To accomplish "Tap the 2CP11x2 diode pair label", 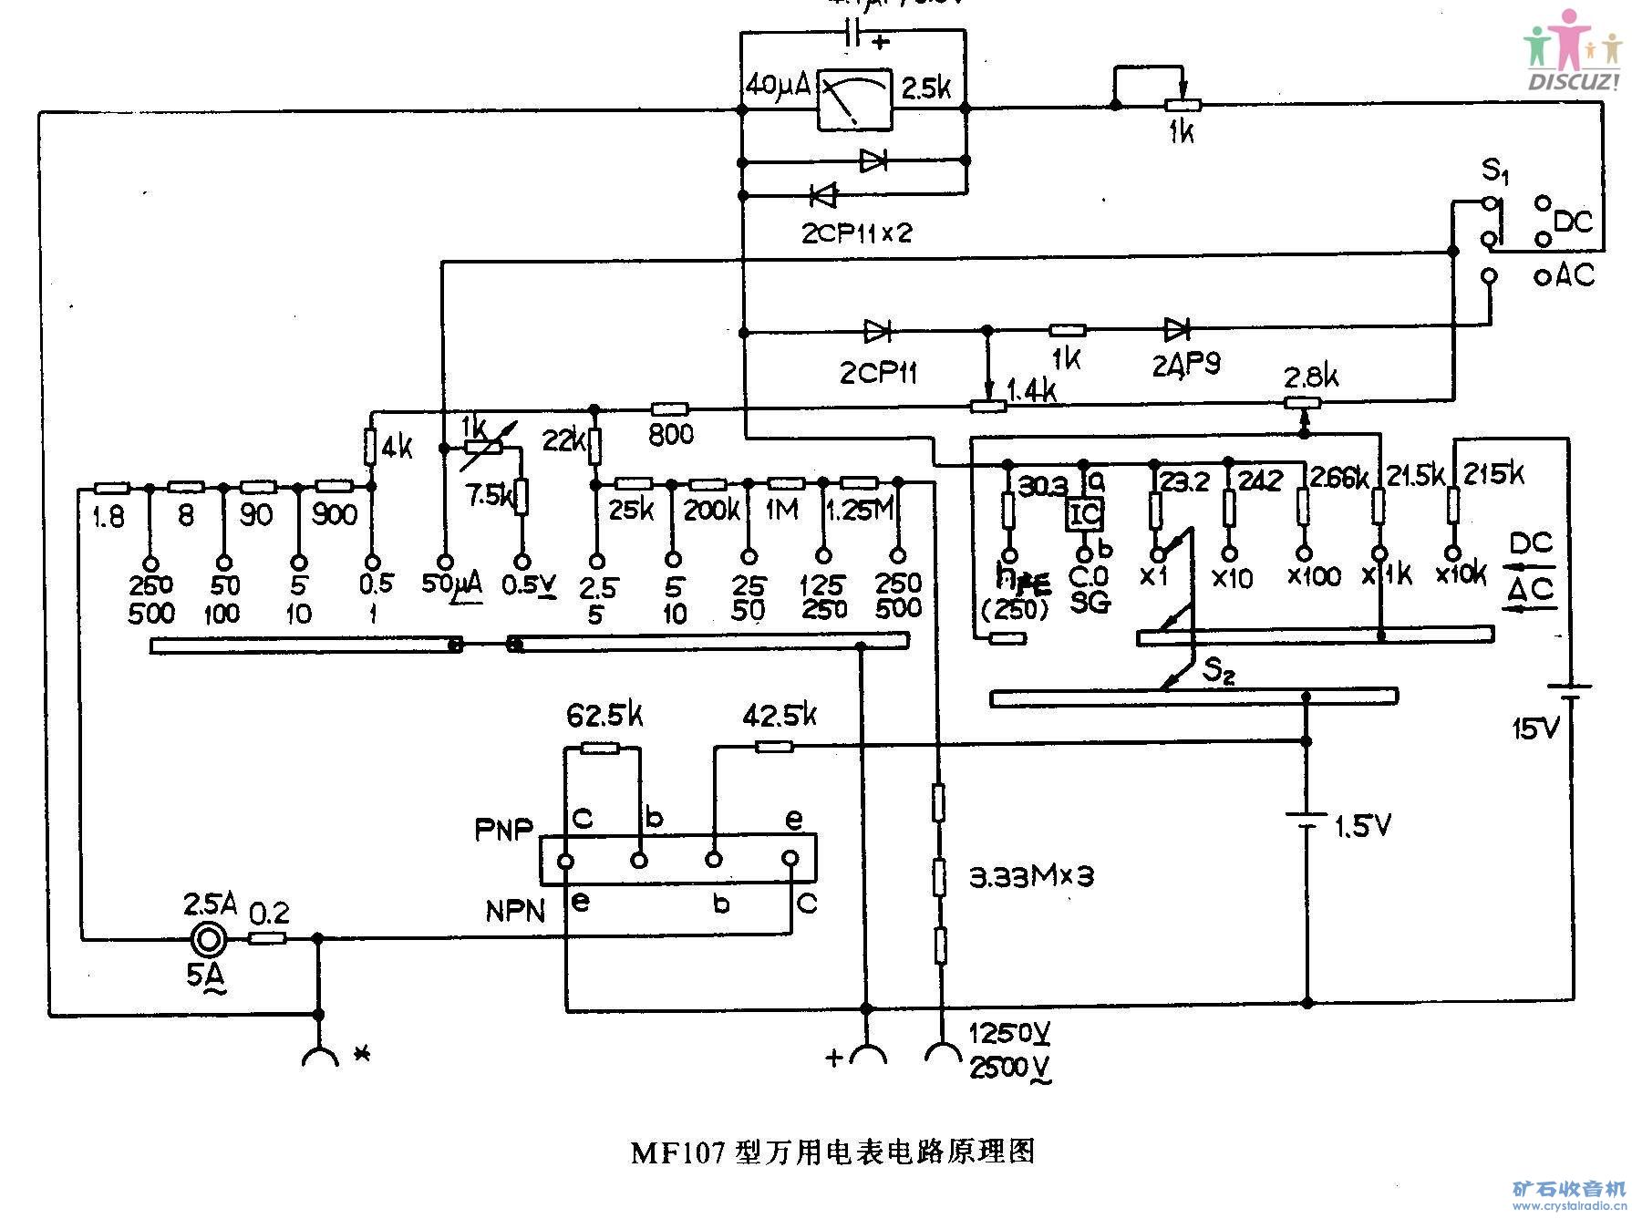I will [856, 232].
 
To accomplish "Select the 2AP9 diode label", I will [1185, 365].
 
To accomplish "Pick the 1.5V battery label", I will [1363, 827].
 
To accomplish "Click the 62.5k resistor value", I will [604, 716].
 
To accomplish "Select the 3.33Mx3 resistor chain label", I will [1028, 876].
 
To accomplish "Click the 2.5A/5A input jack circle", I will [209, 937].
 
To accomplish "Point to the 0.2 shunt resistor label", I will [269, 913].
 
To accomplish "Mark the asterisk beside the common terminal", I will [362, 1055].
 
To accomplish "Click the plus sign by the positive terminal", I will [833, 1058].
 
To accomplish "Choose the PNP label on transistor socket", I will [503, 830].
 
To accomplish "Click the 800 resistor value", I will [671, 435].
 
